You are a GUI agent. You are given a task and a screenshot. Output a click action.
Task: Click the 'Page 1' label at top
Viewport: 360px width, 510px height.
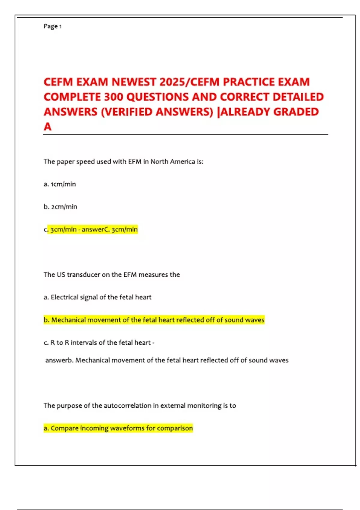point(52,26)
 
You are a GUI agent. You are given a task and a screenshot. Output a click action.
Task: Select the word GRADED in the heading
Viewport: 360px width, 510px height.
point(296,112)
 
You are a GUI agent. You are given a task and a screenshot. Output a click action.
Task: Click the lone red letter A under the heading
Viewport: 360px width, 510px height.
point(47,127)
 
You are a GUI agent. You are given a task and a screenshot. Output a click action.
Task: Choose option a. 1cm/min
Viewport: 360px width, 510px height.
point(60,184)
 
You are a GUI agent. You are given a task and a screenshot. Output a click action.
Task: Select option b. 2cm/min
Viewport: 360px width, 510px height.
point(60,207)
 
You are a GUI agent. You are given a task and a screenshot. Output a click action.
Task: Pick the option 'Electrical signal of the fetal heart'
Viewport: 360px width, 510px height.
point(101,297)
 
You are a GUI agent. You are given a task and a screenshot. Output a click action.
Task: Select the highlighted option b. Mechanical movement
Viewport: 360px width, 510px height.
point(154,320)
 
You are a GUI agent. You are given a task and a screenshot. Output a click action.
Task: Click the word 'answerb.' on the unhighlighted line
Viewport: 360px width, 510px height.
point(59,360)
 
